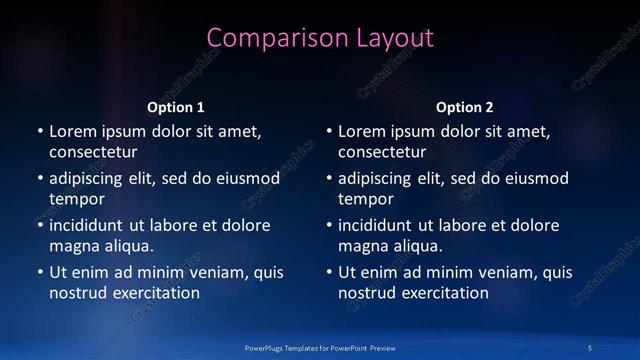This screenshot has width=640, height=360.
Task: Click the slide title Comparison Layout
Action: [x=320, y=38]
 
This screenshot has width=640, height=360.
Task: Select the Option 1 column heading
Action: [x=176, y=107]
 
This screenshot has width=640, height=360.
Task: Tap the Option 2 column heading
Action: [x=465, y=107]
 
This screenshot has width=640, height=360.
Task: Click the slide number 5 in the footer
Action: [x=590, y=347]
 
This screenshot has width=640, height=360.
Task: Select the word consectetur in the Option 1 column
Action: [x=93, y=153]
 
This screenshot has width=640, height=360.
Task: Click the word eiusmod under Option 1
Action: [x=246, y=179]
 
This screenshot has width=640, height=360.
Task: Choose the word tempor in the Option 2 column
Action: [x=364, y=200]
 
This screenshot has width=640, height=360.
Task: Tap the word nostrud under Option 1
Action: [x=76, y=293]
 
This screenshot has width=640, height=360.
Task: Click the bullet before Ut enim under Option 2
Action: [x=329, y=272]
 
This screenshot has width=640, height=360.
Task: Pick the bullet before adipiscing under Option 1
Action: [x=40, y=179]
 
